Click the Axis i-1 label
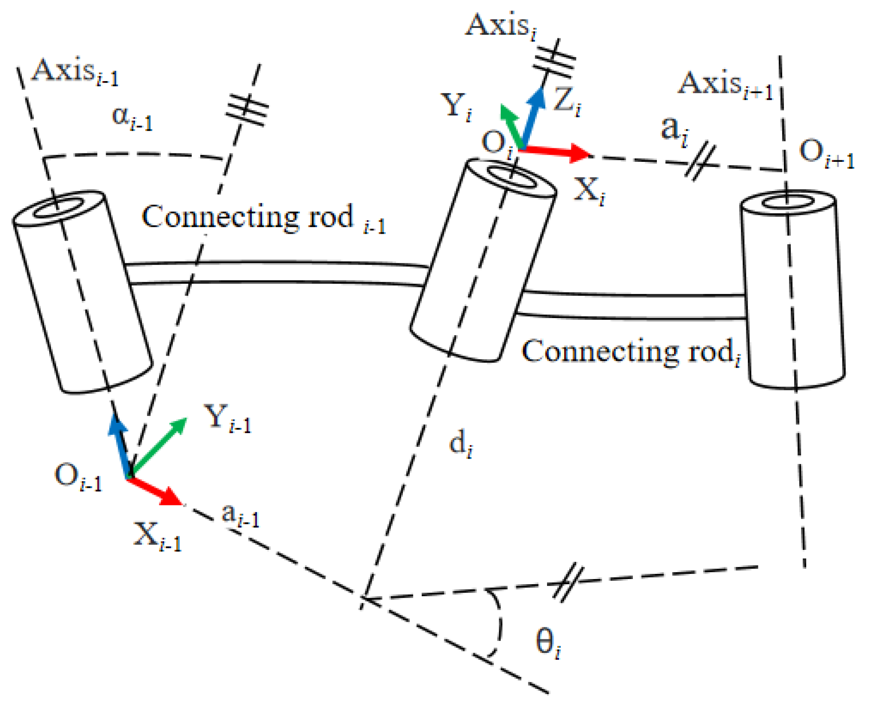(x=74, y=72)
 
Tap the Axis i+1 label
(x=726, y=86)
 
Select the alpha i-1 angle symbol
(x=132, y=118)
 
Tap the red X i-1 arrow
(x=155, y=491)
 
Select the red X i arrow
(x=556, y=151)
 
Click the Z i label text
(x=566, y=101)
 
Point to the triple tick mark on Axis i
(x=554, y=59)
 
